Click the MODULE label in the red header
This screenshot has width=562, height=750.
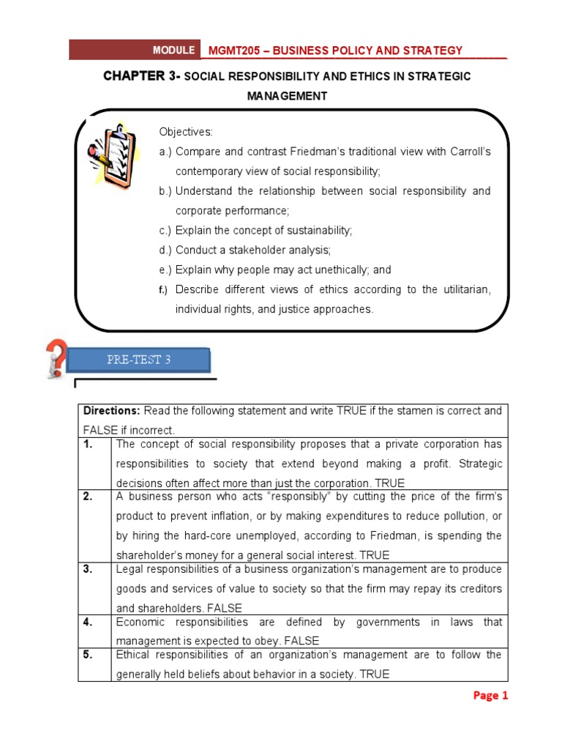(x=173, y=50)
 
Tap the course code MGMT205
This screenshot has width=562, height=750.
(x=231, y=50)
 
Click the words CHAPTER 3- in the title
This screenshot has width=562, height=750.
(x=140, y=76)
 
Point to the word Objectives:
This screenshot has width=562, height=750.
(x=186, y=132)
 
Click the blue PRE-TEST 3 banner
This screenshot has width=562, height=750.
(x=138, y=360)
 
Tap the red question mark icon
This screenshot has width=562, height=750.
(x=55, y=357)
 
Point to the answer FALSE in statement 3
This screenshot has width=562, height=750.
(x=225, y=608)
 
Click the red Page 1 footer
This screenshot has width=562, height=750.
(x=490, y=696)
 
